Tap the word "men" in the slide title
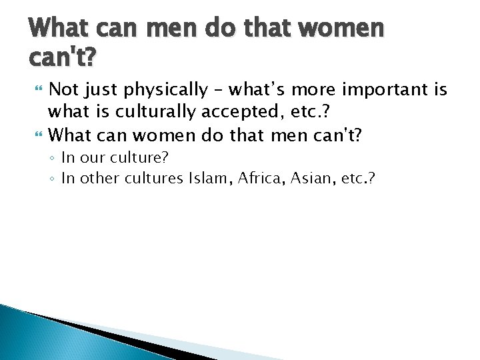click(x=163, y=29)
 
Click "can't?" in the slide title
click(x=62, y=59)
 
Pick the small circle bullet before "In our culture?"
click(x=53, y=159)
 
